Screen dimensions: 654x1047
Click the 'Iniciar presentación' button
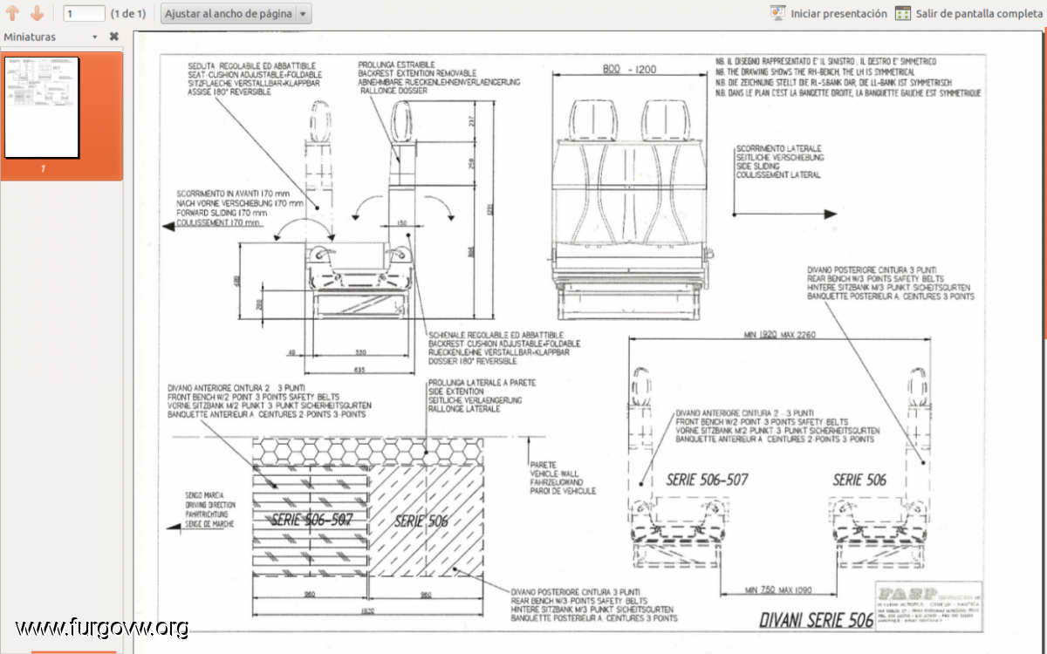coord(829,13)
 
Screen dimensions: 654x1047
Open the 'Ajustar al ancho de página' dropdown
coord(303,14)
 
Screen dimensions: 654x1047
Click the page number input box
coord(85,14)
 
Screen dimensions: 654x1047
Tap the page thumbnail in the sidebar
coord(42,107)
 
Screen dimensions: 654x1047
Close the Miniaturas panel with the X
coord(113,37)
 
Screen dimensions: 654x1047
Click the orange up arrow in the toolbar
coord(13,13)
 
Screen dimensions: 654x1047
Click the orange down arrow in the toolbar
coord(37,13)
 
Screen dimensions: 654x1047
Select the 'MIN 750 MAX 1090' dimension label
coord(779,589)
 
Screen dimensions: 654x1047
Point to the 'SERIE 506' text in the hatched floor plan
coord(421,521)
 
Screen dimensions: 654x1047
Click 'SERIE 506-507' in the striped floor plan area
coord(311,520)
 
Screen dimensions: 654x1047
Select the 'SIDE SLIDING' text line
coord(756,166)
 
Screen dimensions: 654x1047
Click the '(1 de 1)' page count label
coord(128,14)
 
